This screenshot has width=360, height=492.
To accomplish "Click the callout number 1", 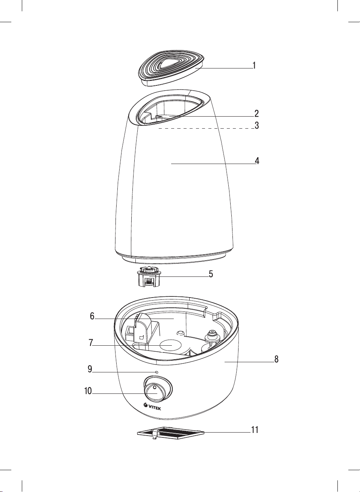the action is pyautogui.click(x=254, y=65).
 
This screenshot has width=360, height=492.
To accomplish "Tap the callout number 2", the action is pyautogui.click(x=257, y=113).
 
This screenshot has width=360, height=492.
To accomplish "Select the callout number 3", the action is pyautogui.click(x=257, y=125).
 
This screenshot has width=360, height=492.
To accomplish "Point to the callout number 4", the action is pyautogui.click(x=257, y=161).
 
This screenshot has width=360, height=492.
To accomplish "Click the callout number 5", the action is pyautogui.click(x=211, y=274).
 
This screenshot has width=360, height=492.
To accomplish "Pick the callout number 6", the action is pyautogui.click(x=92, y=316).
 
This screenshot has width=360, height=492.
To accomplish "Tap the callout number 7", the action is pyautogui.click(x=91, y=342).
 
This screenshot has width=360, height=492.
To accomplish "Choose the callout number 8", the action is pyautogui.click(x=276, y=359).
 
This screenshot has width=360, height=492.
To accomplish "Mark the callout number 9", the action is pyautogui.click(x=90, y=369).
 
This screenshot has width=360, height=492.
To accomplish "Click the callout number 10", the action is pyautogui.click(x=88, y=391).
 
